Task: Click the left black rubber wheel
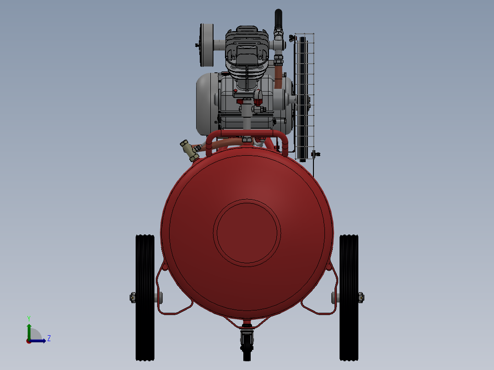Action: click(145, 298)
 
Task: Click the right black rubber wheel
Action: click(349, 298)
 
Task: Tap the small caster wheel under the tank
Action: click(247, 345)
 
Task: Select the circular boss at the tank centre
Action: click(247, 233)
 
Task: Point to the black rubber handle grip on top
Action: click(279, 19)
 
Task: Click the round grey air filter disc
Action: click(206, 45)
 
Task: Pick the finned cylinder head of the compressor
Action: click(247, 52)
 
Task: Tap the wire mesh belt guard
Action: click(304, 96)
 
